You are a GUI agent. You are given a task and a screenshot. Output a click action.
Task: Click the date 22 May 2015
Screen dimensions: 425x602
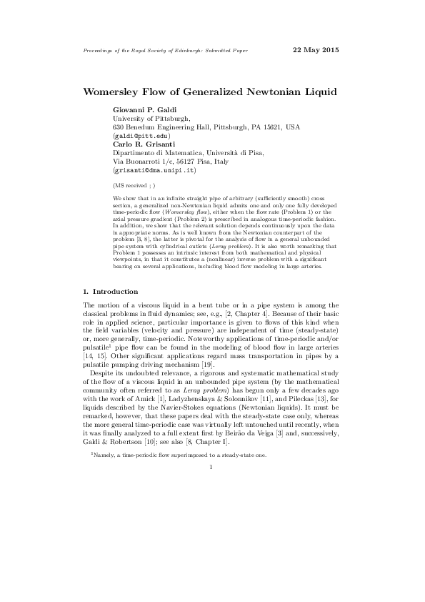click(316, 50)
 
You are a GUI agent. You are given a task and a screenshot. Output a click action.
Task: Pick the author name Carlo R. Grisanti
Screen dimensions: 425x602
click(142, 144)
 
